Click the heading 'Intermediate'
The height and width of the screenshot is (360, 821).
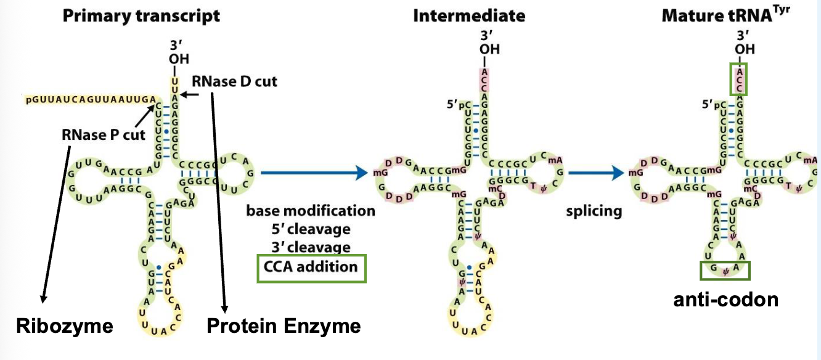[x=470, y=15]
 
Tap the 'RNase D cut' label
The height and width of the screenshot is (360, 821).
[x=235, y=81]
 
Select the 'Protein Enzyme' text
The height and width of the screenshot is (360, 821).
[x=284, y=325]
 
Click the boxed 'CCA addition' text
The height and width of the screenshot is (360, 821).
[x=311, y=267]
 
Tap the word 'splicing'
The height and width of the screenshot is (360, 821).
[x=594, y=211]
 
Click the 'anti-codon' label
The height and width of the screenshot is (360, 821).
[x=725, y=300]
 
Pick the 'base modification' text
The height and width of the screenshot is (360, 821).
[x=311, y=211]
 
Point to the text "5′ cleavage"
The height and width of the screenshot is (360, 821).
[x=311, y=229]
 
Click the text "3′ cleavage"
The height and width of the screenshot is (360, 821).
[x=311, y=247]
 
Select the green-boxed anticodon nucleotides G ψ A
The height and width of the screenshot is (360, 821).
[x=725, y=269]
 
